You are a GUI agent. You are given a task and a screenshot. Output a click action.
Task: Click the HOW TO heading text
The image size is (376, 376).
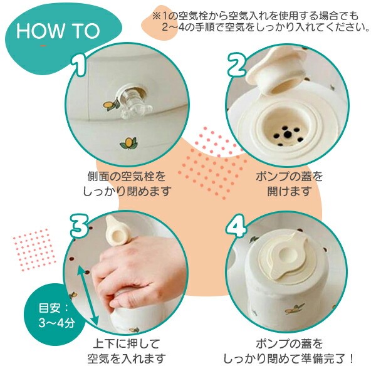click(x=58, y=31)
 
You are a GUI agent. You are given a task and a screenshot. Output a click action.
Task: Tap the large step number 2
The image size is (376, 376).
click(x=237, y=65)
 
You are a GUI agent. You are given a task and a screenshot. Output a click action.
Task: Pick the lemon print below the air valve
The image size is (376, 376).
click(x=129, y=143)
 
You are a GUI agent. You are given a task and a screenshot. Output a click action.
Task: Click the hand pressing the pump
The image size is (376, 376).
click(x=139, y=271)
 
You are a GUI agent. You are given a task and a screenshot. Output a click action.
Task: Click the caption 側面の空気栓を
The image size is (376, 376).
click(x=127, y=177)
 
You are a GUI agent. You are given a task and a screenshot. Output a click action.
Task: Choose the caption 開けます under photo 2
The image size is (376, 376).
click(x=289, y=191)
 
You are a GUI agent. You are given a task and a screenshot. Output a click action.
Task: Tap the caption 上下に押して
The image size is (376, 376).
click(x=127, y=343)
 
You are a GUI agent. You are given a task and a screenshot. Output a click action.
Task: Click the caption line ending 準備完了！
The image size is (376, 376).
click(x=289, y=358)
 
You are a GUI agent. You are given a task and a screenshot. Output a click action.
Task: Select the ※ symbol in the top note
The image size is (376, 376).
click(x=156, y=16)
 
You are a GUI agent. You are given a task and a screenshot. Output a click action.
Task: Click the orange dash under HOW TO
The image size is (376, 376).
click(x=43, y=46)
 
